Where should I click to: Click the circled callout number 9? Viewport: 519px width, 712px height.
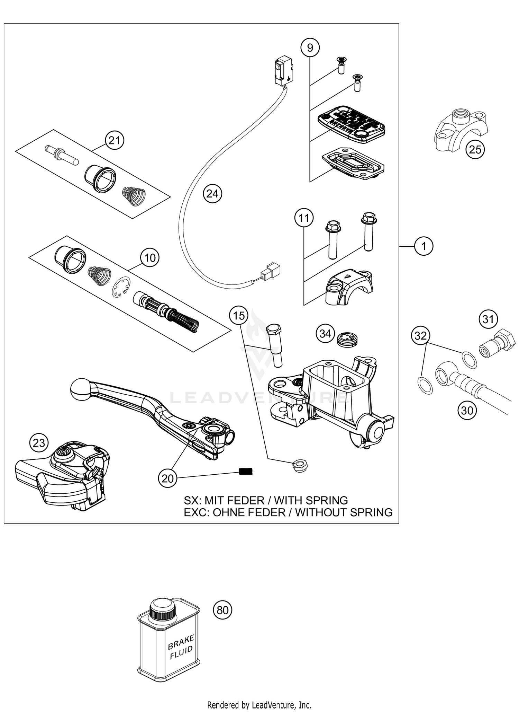[310, 47]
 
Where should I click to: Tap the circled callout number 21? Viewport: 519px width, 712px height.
[115, 140]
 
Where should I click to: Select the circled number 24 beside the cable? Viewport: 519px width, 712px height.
[212, 193]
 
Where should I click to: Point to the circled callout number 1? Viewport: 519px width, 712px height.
[424, 246]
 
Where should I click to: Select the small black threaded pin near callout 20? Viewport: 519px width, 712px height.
[246, 471]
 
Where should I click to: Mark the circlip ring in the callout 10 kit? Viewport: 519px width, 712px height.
[121, 287]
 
